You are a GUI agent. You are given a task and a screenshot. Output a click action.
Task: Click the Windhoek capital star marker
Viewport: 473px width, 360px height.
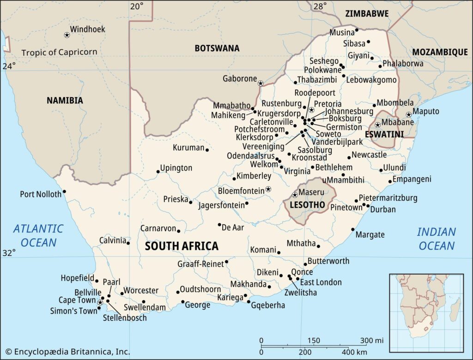click(x=67, y=35)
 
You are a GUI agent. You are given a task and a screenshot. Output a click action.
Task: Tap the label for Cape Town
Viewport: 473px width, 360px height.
click(x=77, y=300)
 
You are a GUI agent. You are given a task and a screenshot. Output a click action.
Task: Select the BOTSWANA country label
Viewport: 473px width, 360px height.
click(x=217, y=48)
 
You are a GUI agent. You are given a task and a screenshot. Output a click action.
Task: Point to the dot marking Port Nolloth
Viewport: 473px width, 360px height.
click(x=64, y=192)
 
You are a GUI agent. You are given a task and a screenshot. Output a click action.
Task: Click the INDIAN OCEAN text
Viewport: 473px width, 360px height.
click(x=437, y=239)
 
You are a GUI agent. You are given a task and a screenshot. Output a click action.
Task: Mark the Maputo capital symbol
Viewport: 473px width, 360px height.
click(x=408, y=114)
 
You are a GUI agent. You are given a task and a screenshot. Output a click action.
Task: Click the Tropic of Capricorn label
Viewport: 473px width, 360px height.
click(x=59, y=52)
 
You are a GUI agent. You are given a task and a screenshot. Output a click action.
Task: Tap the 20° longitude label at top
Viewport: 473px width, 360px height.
click(x=136, y=6)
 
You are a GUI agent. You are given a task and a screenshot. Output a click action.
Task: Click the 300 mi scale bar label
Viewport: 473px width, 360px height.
click(x=372, y=341)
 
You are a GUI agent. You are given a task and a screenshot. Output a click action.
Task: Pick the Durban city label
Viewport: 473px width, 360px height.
click(x=383, y=210)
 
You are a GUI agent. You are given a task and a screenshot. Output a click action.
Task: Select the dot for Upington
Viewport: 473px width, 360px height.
click(x=158, y=172)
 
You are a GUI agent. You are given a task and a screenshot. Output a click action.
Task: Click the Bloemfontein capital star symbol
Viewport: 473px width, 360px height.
click(x=268, y=190)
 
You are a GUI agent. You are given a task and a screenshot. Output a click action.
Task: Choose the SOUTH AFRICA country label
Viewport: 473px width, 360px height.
click(x=182, y=246)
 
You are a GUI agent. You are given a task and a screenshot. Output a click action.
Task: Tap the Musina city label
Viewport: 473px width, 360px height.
click(x=341, y=32)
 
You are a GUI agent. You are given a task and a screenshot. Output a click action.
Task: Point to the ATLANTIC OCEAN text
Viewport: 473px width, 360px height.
click(x=38, y=235)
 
